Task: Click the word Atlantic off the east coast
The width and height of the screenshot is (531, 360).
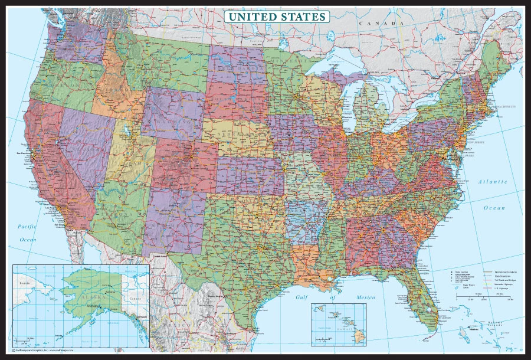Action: [x=493, y=182]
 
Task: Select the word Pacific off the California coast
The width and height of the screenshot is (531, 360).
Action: [x=27, y=226]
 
